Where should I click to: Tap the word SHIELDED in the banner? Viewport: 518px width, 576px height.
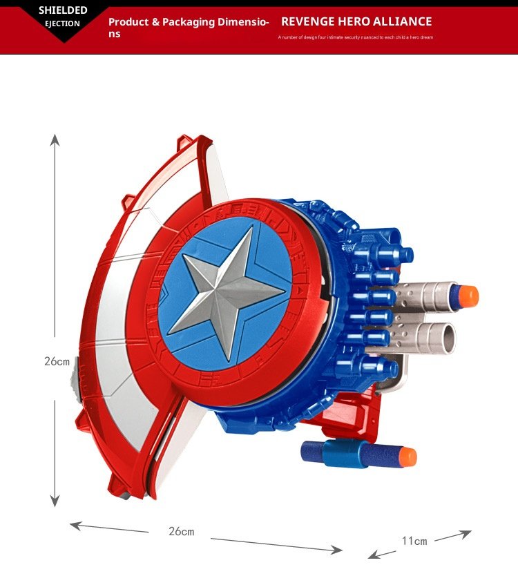coord(63,10)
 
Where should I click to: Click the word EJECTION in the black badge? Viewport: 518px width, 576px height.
coord(62,23)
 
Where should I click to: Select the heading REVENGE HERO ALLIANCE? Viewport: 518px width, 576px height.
coord(356,21)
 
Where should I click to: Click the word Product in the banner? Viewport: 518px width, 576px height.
coord(128,22)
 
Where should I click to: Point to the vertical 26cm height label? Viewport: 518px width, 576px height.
coord(57,361)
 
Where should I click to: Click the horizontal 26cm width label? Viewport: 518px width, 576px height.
coord(182,531)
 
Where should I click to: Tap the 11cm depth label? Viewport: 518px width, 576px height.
coord(414,541)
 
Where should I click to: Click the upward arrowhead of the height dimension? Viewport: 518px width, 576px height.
coord(55,140)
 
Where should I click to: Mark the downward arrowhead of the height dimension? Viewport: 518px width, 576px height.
coord(55,501)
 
